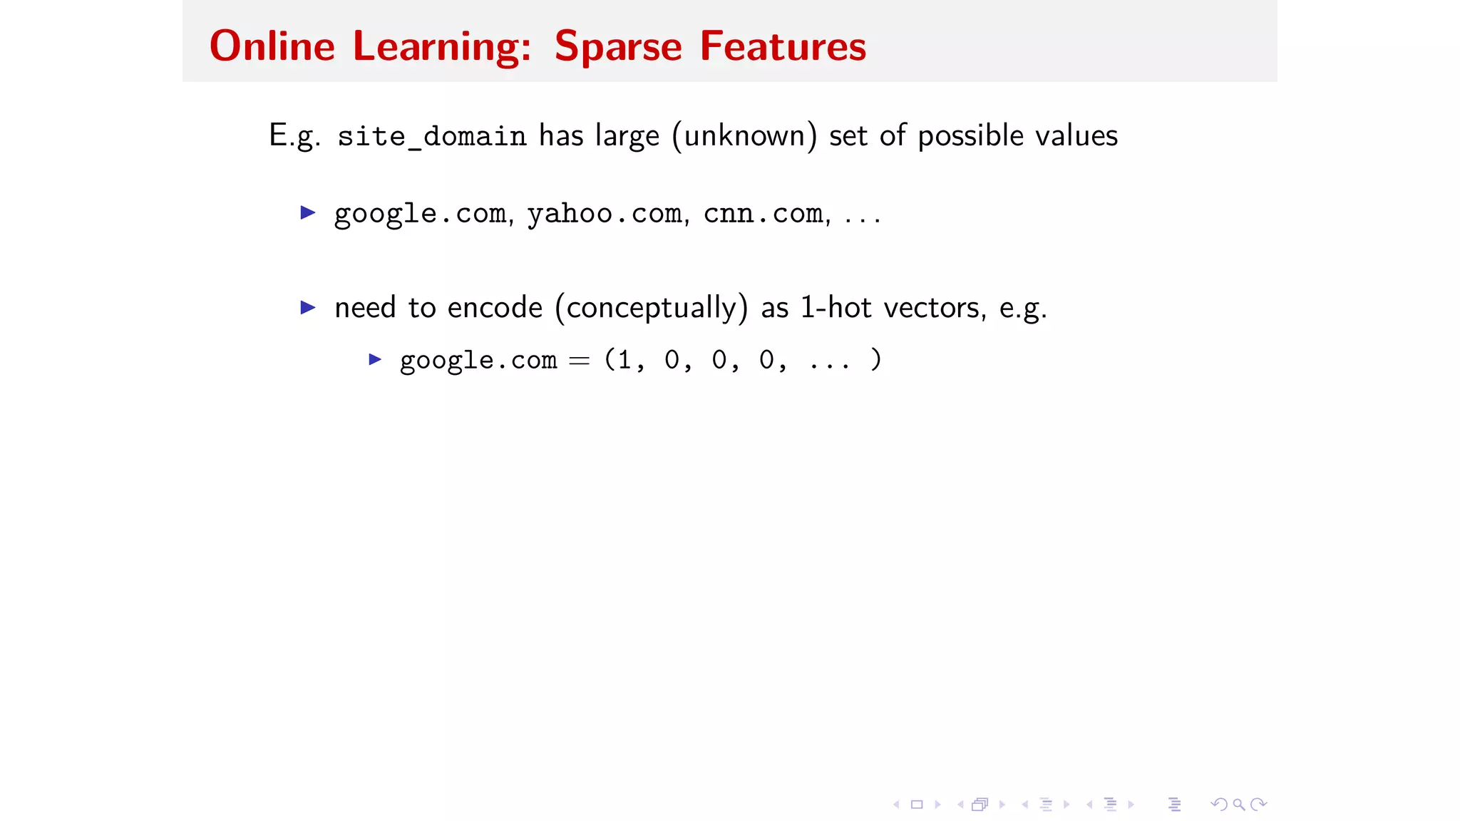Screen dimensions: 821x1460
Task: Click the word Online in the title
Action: click(272, 46)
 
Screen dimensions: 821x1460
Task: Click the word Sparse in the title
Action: click(617, 46)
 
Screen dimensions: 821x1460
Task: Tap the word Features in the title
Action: click(782, 46)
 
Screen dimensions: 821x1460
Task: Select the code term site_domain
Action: click(431, 136)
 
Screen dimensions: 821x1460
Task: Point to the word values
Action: click(1076, 135)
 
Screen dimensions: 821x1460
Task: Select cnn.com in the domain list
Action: click(764, 213)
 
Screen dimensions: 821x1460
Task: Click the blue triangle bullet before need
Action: click(308, 307)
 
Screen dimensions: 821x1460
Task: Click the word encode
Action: click(495, 307)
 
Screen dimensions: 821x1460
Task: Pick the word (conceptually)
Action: click(651, 307)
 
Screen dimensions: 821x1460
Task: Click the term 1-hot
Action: click(836, 307)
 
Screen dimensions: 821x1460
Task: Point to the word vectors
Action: click(935, 307)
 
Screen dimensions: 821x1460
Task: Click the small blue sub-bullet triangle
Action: click(375, 359)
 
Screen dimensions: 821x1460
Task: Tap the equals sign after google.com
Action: click(579, 361)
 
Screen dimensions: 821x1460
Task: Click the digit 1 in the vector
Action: click(624, 360)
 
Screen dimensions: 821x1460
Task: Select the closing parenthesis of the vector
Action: click(876, 359)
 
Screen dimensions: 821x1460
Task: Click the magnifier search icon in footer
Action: click(1239, 805)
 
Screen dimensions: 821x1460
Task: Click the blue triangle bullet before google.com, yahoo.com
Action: click(308, 212)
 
